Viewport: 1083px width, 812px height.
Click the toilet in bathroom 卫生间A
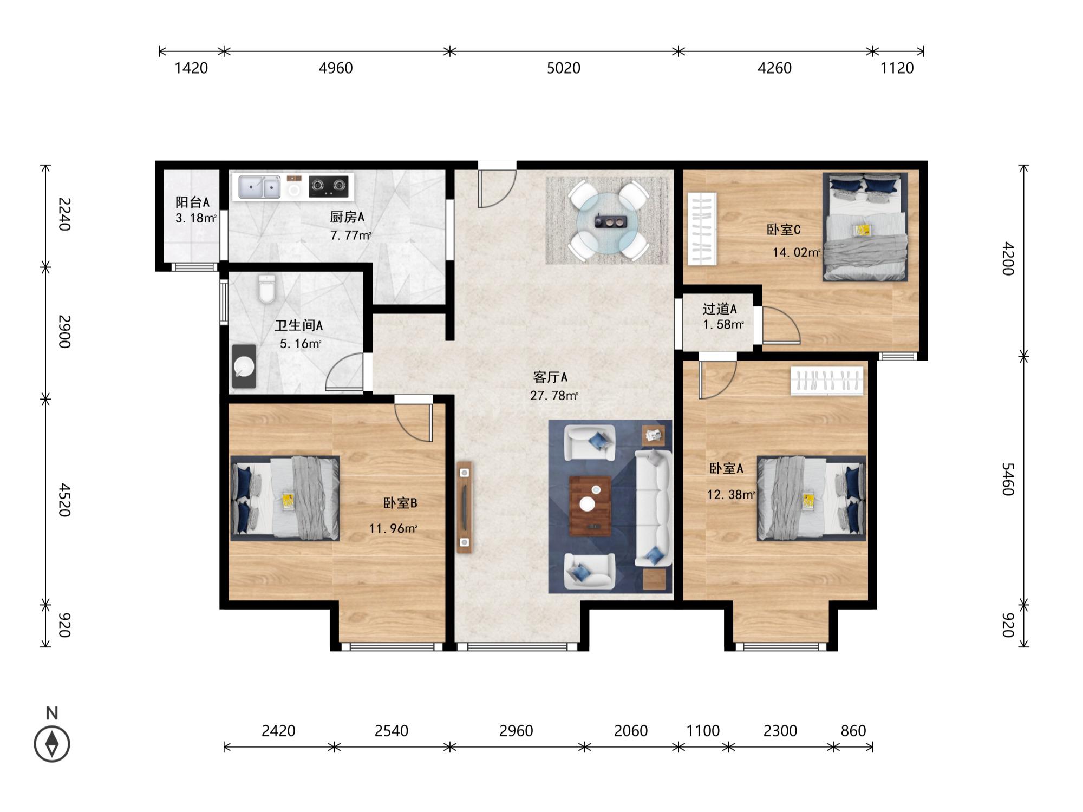point(266,289)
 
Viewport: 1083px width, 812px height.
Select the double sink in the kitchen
point(259,187)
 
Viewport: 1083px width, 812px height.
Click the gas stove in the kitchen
point(328,186)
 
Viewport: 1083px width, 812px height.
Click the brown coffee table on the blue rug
point(590,506)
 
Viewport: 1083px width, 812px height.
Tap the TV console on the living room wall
point(464,507)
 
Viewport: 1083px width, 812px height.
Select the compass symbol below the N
point(52,744)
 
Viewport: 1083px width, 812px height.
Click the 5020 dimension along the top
point(564,68)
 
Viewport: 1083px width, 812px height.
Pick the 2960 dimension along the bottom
point(516,731)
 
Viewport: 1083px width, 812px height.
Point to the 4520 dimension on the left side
point(64,500)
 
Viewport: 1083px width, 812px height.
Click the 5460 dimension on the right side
point(1007,479)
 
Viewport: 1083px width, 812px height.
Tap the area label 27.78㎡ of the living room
point(554,396)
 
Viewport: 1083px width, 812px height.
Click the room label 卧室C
point(784,230)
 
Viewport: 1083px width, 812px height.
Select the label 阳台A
point(192,202)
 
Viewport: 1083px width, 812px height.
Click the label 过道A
point(720,309)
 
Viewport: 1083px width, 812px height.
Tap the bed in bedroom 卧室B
point(285,498)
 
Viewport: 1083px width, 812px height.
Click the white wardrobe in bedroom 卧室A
point(827,381)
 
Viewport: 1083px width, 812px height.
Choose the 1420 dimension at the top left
point(191,68)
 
